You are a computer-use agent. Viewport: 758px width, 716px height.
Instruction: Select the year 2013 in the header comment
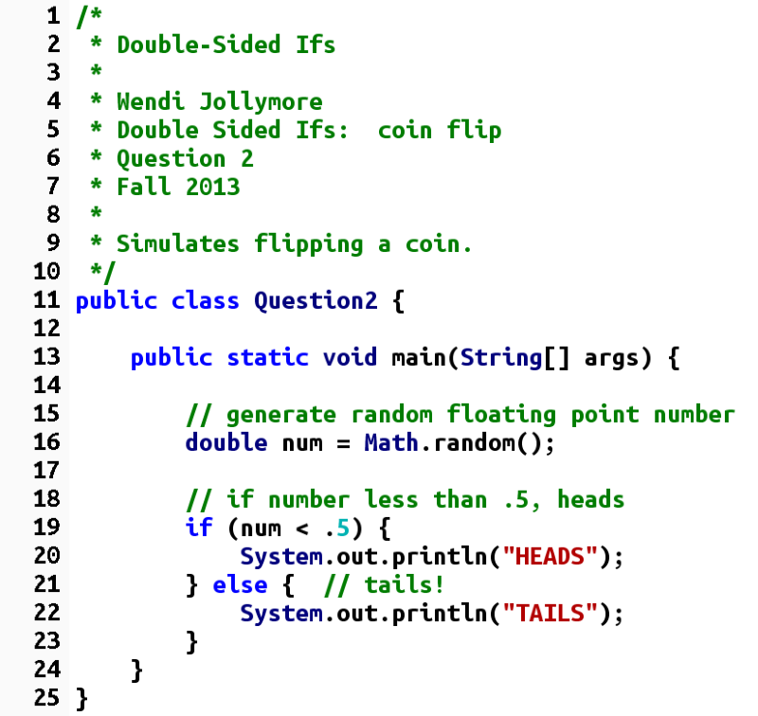[213, 187]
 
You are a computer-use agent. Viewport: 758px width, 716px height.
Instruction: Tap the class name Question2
[316, 301]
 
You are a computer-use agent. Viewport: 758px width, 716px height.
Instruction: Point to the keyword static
[268, 358]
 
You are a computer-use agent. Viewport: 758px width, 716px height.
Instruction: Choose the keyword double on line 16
[220, 443]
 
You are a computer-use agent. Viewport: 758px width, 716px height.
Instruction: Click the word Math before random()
[385, 443]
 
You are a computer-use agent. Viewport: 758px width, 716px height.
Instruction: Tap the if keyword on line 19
[199, 528]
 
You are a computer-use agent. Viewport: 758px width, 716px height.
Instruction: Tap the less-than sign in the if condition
[296, 528]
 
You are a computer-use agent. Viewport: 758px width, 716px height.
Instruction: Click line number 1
[52, 16]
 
